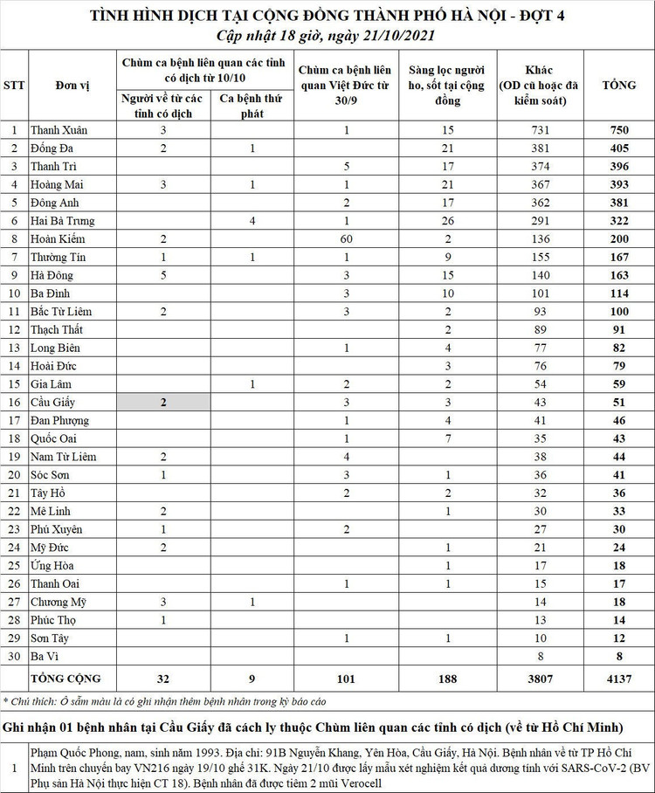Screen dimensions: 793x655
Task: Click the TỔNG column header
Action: [x=619, y=86]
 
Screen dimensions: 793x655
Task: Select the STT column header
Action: [x=14, y=86]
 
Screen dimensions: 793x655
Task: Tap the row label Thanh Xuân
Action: [x=59, y=130]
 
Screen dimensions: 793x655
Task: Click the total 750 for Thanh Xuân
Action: [x=619, y=130]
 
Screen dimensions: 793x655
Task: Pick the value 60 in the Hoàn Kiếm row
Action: [x=347, y=238]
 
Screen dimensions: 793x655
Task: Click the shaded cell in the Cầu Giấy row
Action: [x=163, y=402]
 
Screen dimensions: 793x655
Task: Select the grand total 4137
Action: [x=619, y=678]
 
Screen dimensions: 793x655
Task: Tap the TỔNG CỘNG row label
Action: [x=66, y=678]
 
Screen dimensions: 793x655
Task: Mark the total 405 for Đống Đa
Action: [x=619, y=148]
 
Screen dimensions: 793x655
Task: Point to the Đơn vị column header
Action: [x=73, y=86]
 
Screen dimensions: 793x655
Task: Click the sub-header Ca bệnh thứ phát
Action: [x=252, y=106]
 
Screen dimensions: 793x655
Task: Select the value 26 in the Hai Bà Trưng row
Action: [x=448, y=221]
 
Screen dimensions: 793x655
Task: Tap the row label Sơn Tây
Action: [x=52, y=638]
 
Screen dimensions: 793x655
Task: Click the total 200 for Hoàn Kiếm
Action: [x=619, y=238]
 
